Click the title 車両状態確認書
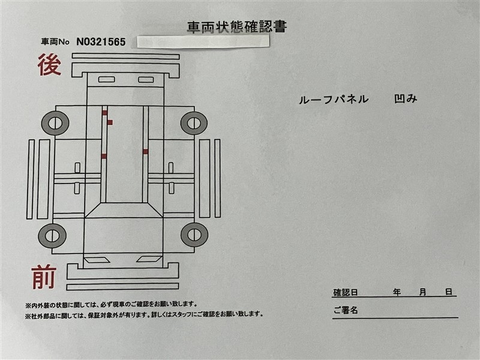tap(237, 27)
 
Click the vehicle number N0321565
tap(101, 41)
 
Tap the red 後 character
tap(49, 65)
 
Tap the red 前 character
tap(44, 277)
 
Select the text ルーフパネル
tap(334, 100)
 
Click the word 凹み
tap(406, 98)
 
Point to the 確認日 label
tap(346, 292)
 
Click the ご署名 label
tap(346, 310)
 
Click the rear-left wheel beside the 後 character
tap(55, 123)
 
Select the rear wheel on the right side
tap(194, 123)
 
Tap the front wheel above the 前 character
tap(52, 236)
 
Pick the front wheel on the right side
tap(194, 235)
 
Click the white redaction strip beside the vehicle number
tap(203, 41)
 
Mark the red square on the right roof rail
tap(145, 152)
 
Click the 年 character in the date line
tap(397, 292)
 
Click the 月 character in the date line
tap(423, 292)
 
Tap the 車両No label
tap(55, 42)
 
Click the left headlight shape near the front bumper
tap(97, 260)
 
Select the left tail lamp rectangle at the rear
tap(107, 80)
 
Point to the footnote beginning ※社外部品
tap(144, 314)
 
